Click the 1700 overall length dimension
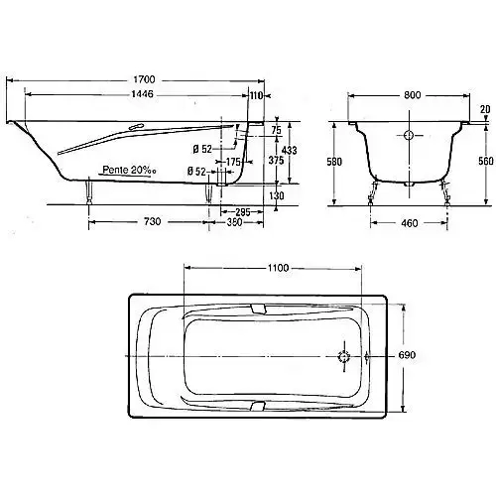pos(144,79)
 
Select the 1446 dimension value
pos(143,94)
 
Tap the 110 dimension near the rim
pos(256,95)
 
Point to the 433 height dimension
pos(290,151)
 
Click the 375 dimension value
pos(276,161)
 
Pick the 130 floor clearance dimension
pos(276,195)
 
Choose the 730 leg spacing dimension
pos(152,221)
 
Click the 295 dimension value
pos(243,212)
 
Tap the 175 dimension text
pos(233,162)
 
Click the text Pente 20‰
pos(129,170)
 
